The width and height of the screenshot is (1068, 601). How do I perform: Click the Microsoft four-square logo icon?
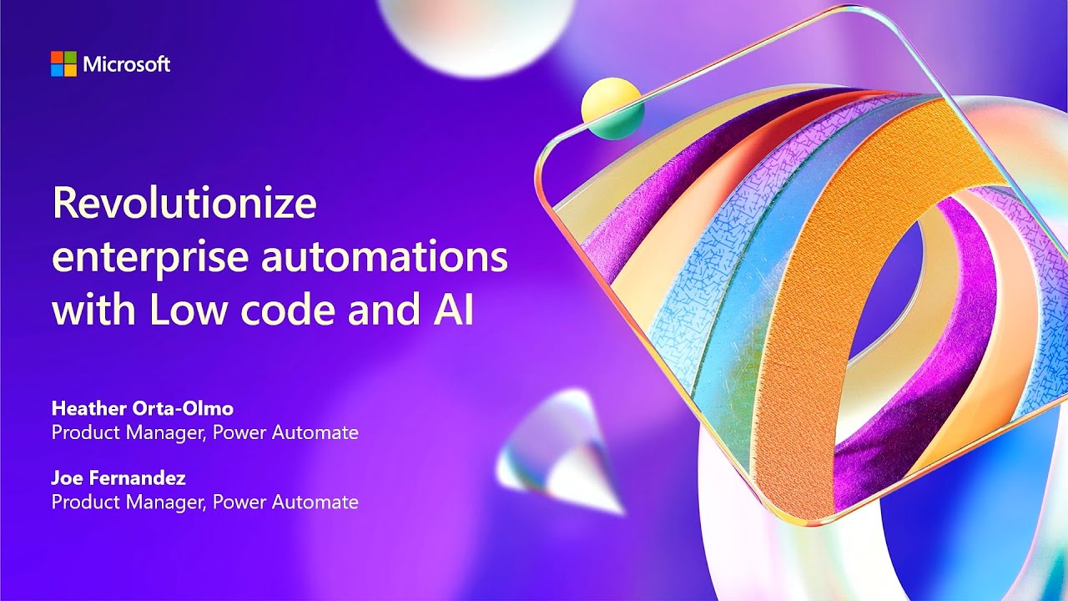coord(63,63)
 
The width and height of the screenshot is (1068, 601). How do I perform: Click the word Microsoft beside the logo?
coord(126,64)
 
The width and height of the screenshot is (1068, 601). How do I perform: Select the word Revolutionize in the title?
coord(184,205)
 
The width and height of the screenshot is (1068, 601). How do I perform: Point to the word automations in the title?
coord(385,256)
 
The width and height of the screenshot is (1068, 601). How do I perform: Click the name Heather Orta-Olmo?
coord(142,408)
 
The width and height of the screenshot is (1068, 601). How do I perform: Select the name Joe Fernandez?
coord(118,478)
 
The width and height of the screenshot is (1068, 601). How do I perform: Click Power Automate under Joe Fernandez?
coord(285,502)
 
